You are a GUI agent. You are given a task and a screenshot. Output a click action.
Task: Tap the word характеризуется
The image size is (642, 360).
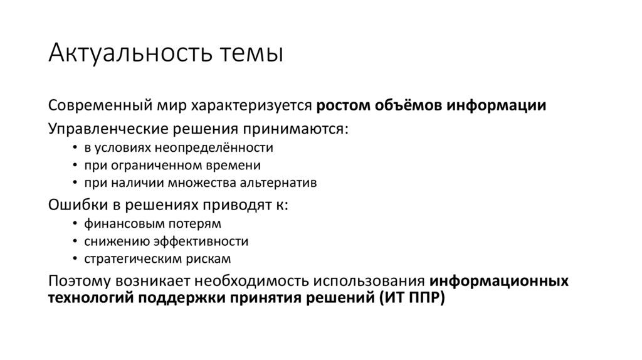251,105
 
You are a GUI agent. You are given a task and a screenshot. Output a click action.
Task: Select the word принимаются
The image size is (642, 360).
299,129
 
